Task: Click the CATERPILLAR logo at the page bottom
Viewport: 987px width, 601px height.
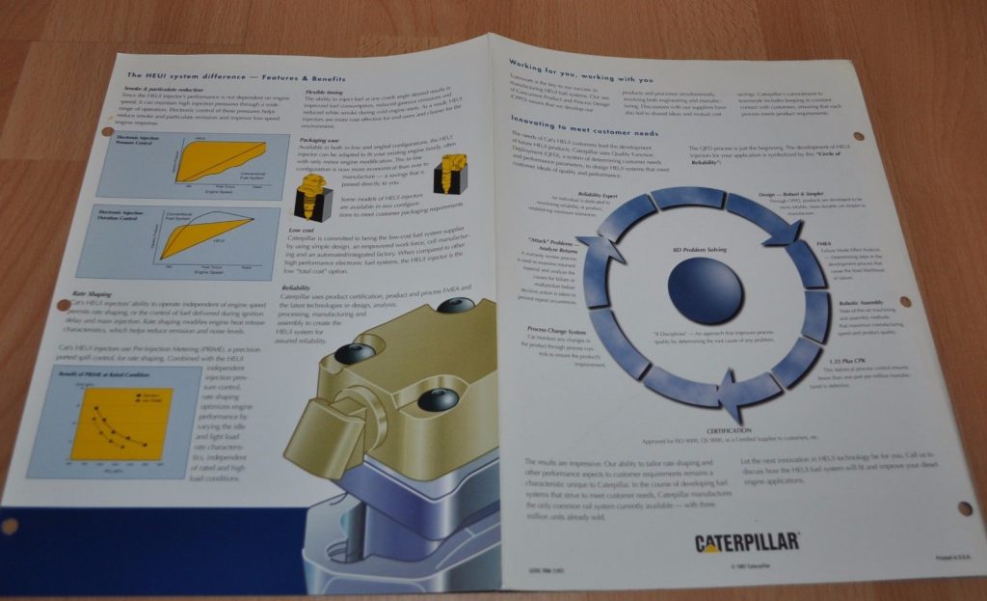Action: (747, 542)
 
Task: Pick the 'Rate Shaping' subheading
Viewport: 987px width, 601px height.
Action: (93, 293)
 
